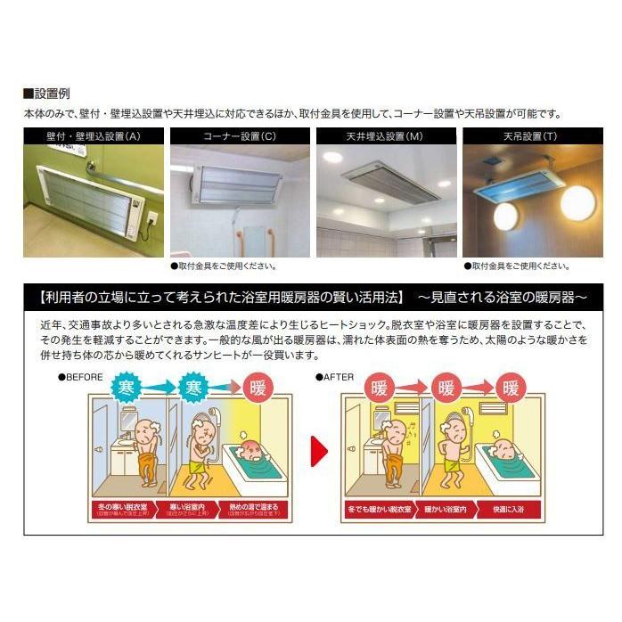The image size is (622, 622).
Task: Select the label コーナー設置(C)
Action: (x=240, y=136)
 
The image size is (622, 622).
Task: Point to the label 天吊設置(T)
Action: (x=532, y=136)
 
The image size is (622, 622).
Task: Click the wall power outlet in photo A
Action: (x=151, y=219)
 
